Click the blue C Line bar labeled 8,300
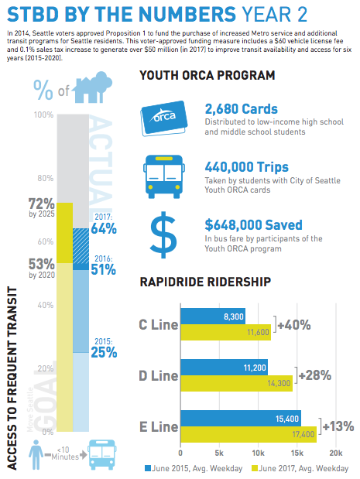(212, 316)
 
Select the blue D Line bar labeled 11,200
(224, 366)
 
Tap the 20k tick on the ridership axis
(335, 451)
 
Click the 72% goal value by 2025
(41, 205)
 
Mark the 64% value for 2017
(103, 228)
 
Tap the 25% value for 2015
(103, 352)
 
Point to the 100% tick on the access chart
(44, 115)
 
